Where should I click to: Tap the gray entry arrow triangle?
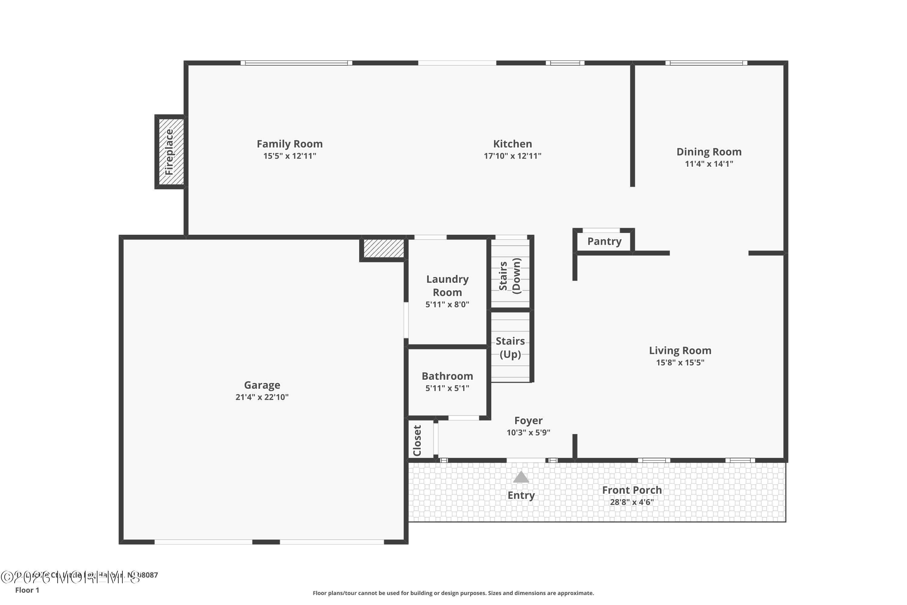(521, 477)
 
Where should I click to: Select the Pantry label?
(604, 241)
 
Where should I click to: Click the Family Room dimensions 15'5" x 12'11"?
(290, 156)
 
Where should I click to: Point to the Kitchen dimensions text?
(512, 156)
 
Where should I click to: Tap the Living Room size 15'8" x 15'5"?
(680, 362)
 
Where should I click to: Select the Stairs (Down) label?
(510, 276)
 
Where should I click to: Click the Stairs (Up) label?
(510, 348)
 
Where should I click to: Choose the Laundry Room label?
(447, 286)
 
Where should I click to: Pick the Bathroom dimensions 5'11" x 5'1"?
(447, 388)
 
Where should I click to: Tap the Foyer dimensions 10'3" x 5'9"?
(528, 433)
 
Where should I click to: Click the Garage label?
(262, 385)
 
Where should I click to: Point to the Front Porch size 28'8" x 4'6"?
(632, 502)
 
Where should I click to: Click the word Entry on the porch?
(521, 495)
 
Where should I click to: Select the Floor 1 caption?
(27, 590)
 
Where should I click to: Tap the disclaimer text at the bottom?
(453, 593)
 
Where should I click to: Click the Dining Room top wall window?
(706, 63)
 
